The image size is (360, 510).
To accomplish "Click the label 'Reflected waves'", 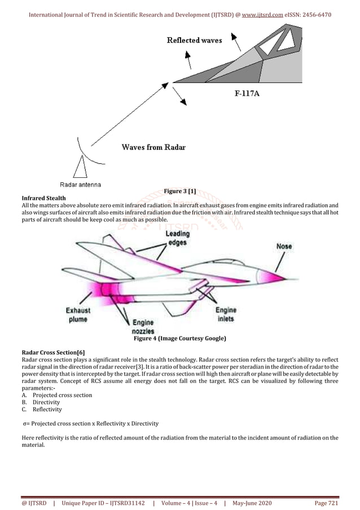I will pyautogui.click(x=194, y=40).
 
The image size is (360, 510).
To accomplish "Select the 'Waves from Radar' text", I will pyautogui.click(x=153, y=147).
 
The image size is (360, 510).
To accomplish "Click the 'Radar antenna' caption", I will pyautogui.click(x=81, y=184).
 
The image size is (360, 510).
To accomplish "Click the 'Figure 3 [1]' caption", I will pyautogui.click(x=179, y=191).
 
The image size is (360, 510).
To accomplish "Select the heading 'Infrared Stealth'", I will pyautogui.click(x=43, y=198).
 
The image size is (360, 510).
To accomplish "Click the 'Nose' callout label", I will pyautogui.click(x=284, y=246).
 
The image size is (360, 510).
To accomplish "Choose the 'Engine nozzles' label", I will pyautogui.click(x=143, y=326).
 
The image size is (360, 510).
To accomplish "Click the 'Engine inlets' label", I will pyautogui.click(x=226, y=314).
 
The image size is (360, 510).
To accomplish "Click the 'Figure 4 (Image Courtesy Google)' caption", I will pyautogui.click(x=179, y=339).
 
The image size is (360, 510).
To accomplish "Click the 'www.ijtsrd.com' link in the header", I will pyautogui.click(x=262, y=14).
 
